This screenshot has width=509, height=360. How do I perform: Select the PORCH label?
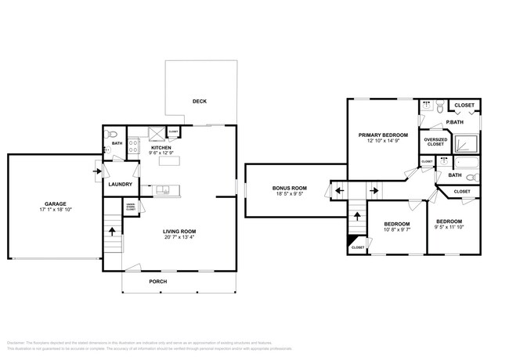[158, 282]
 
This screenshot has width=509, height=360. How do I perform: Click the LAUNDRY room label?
[120, 185]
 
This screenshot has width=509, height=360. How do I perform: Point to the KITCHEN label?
[161, 147]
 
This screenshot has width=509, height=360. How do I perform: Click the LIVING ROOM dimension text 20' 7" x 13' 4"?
[179, 238]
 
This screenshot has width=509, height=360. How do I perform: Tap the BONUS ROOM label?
[289, 188]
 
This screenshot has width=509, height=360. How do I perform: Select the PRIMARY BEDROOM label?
[383, 135]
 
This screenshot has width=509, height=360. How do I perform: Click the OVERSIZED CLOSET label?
[435, 142]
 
